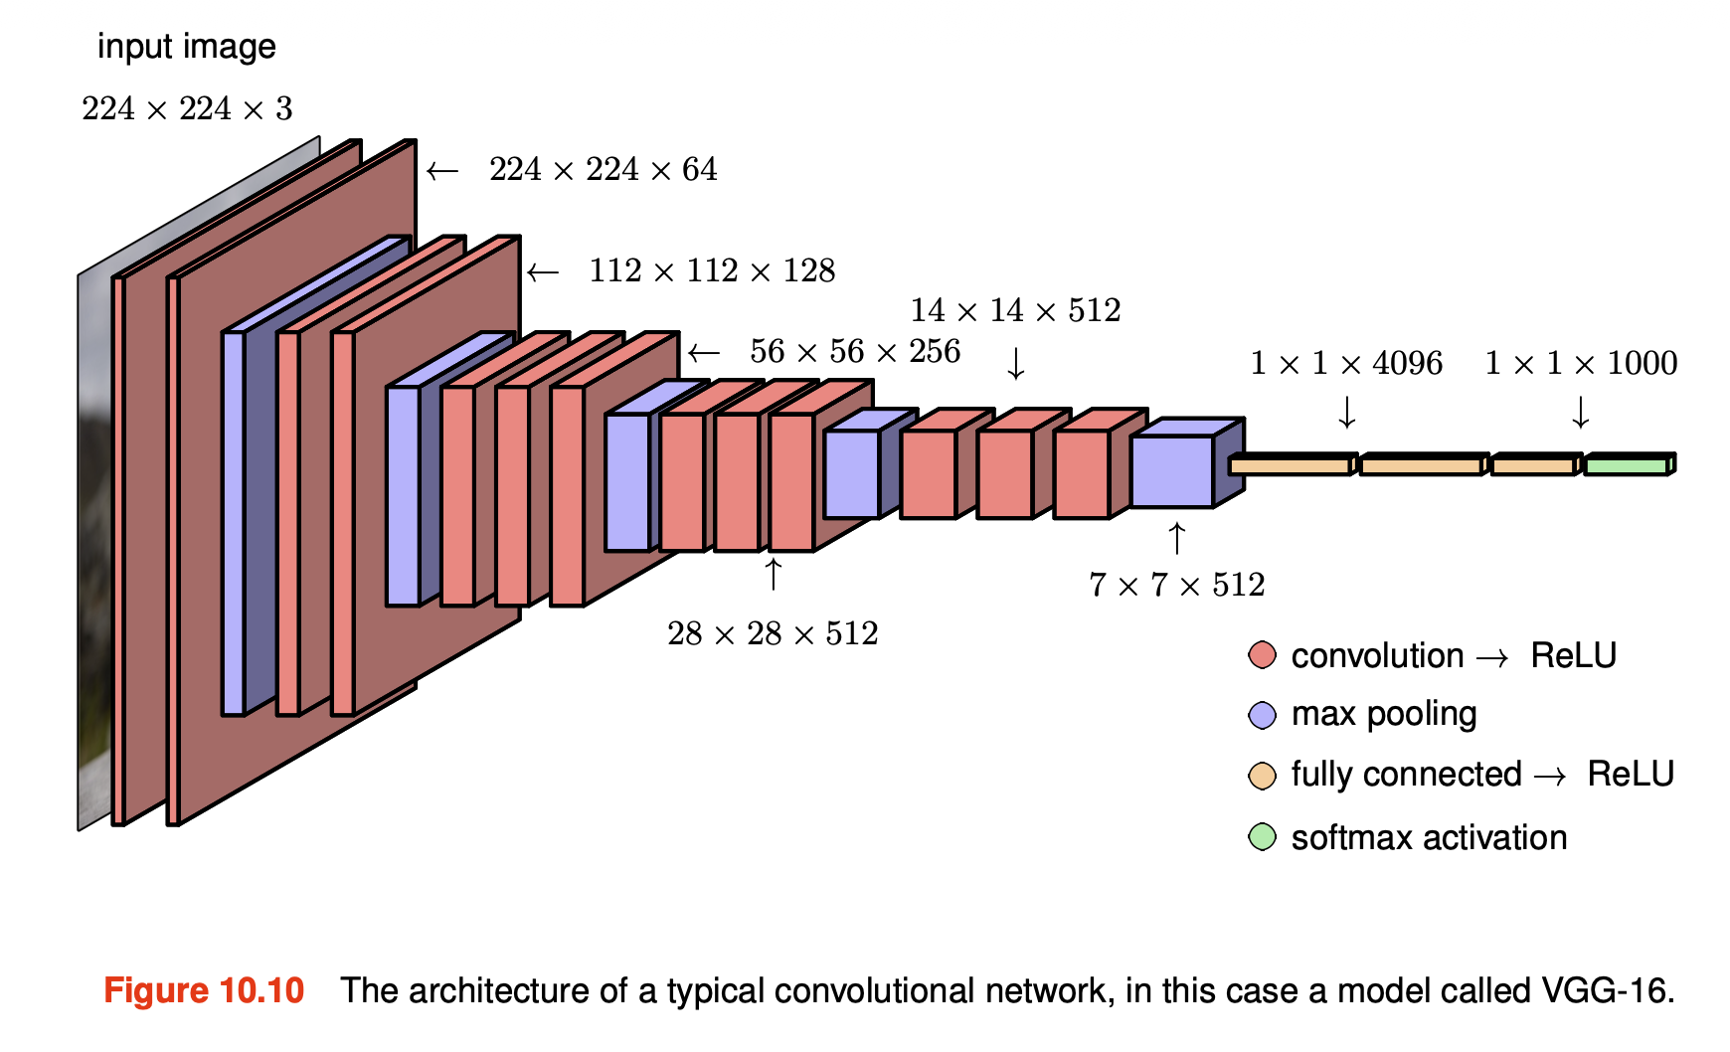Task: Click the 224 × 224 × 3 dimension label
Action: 187,108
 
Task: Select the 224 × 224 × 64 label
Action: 603,170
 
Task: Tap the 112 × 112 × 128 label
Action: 712,270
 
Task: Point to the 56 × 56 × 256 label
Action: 855,351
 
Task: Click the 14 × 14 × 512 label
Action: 1015,310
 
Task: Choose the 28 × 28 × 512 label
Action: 773,633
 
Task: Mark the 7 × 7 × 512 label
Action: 1176,585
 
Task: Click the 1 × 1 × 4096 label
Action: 1346,364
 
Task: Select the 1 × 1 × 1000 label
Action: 1581,364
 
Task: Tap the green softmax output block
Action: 1627,465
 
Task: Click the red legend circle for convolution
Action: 1262,656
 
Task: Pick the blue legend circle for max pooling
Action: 1262,715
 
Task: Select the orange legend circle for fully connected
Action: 1262,776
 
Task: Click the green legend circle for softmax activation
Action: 1262,837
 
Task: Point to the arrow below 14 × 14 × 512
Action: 1015,364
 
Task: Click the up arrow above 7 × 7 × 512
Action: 1177,538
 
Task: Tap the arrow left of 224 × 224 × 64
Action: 442,171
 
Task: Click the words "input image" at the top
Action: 187,47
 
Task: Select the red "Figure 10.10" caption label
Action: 204,991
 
